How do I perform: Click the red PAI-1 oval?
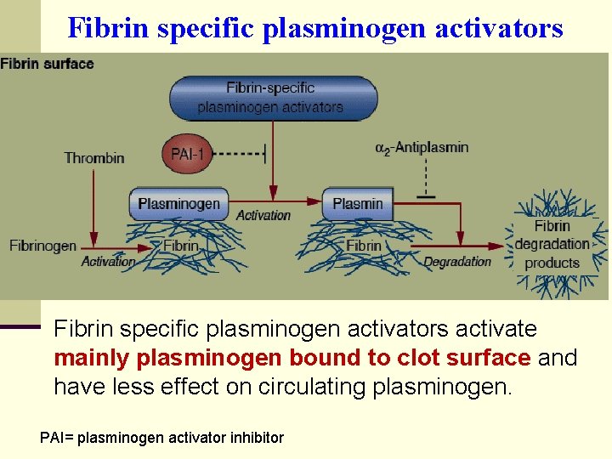pos(187,154)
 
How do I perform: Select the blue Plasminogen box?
pos(178,204)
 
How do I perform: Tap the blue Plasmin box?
pos(357,204)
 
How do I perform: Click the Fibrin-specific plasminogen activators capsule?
pos(269,98)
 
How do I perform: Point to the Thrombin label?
pos(94,157)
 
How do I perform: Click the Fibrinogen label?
pos(42,246)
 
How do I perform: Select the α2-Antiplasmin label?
pos(422,148)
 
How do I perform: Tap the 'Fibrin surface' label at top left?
pos(48,64)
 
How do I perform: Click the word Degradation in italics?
pos(457,262)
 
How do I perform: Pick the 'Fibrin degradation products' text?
pos(552,244)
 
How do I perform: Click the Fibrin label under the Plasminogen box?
pos(180,246)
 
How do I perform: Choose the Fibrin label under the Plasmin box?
pos(364,246)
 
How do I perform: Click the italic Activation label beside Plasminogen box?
pos(263,215)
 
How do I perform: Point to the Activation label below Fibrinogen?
pos(108,262)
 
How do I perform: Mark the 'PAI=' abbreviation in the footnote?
pos(58,438)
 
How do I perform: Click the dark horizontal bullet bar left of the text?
pos(20,326)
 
